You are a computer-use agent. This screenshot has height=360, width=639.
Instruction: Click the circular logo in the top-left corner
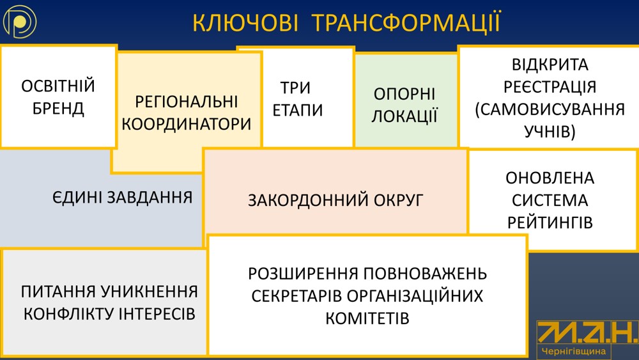pyautogui.click(x=20, y=22)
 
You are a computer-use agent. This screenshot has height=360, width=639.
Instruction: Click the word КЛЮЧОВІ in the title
pyautogui.click(x=245, y=23)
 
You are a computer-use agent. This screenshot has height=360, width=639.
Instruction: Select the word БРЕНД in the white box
pyautogui.click(x=58, y=109)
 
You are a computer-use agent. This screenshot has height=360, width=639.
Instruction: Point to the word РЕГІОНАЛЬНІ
pyautogui.click(x=186, y=102)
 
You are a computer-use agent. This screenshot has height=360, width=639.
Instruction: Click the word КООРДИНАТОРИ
pyautogui.click(x=186, y=124)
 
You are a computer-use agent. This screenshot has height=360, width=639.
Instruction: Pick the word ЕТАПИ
pyautogui.click(x=298, y=110)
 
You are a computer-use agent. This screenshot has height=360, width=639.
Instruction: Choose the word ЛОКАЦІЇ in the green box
pyautogui.click(x=404, y=116)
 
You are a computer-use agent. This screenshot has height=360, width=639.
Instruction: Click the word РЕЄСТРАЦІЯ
pyautogui.click(x=550, y=87)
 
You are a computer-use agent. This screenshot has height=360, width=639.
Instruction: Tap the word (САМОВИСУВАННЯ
pyautogui.click(x=550, y=110)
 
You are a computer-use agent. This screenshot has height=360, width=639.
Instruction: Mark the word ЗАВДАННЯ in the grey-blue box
pyautogui.click(x=150, y=198)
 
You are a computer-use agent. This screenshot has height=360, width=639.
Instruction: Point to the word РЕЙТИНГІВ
pyautogui.click(x=550, y=223)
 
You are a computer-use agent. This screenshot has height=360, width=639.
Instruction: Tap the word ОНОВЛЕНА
pyautogui.click(x=550, y=178)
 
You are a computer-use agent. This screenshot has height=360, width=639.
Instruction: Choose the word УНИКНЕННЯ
pyautogui.click(x=149, y=292)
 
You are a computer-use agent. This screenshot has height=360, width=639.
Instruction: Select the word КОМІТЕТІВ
pyautogui.click(x=367, y=318)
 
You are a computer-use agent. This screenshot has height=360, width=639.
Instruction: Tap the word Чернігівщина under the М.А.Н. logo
pyautogui.click(x=574, y=351)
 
